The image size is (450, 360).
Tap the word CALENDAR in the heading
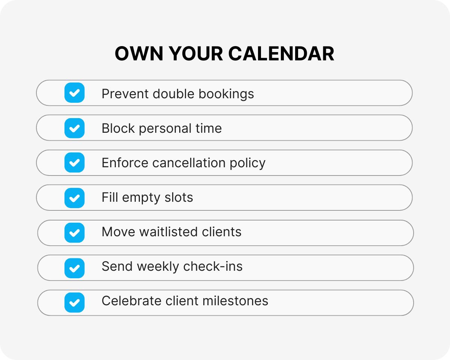point(281,54)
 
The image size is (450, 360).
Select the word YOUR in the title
point(195,54)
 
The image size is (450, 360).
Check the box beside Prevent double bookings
point(74,93)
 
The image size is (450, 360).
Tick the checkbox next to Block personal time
point(74,128)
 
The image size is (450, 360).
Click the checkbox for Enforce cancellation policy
point(74,163)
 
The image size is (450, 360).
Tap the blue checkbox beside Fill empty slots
point(74,198)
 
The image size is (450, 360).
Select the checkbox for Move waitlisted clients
point(74,232)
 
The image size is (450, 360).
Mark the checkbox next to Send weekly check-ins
point(74,268)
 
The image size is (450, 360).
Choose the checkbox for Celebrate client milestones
point(74,302)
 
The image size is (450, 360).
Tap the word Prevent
point(125,94)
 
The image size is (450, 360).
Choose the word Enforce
point(125,163)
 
